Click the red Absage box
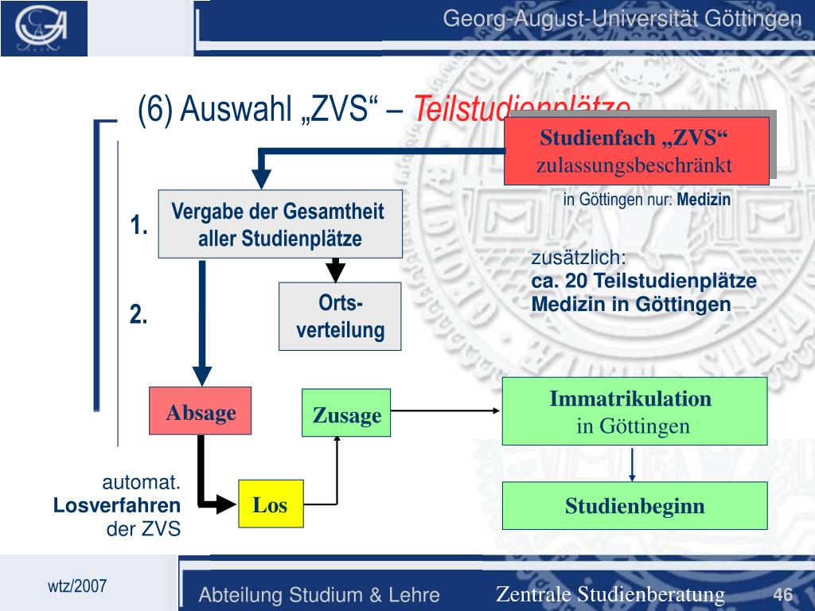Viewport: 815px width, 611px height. [201, 411]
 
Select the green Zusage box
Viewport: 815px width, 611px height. [346, 413]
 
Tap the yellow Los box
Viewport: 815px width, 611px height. [271, 504]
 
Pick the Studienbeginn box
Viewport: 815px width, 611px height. [634, 505]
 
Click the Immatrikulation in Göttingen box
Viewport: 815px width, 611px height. [634, 411]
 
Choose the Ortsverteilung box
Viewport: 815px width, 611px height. [340, 316]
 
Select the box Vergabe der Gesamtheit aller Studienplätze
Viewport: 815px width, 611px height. [279, 224]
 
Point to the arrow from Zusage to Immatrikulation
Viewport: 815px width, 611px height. [446, 411]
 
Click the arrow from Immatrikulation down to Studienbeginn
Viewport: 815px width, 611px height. [632, 464]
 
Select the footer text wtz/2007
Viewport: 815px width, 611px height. [77, 586]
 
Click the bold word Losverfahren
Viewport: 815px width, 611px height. [117, 505]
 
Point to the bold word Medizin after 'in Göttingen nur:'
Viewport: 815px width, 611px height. [704, 200]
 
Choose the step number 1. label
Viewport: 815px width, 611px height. [140, 225]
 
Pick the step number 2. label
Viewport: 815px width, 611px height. [140, 315]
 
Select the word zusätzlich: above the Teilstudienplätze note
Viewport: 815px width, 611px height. [579, 259]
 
